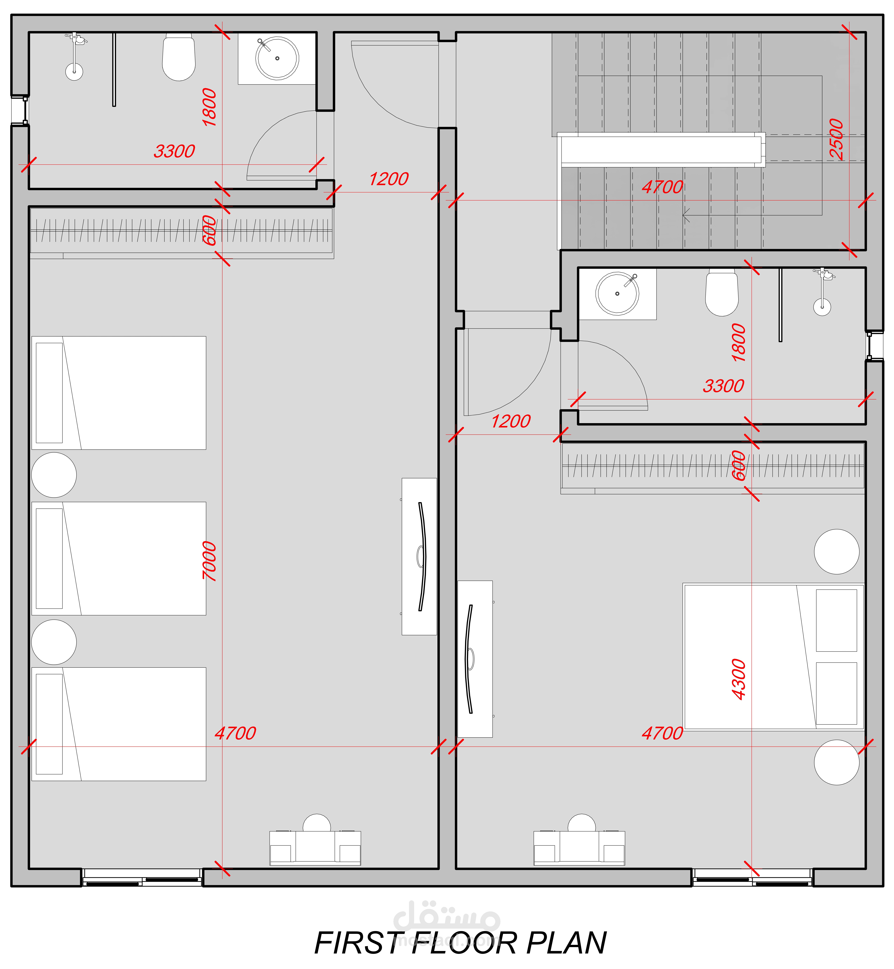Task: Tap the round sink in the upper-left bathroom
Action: pos(277,58)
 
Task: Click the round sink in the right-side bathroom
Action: pos(617,294)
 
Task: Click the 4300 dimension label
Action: pos(739,679)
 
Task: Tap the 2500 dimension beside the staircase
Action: pos(836,139)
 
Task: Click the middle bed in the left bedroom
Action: pos(119,559)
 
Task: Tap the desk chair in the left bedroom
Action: pos(317,823)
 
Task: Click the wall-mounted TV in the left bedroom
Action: pos(419,557)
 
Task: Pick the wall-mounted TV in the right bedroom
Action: pos(475,659)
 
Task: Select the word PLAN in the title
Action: pos(566,943)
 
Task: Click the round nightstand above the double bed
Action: pos(836,552)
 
